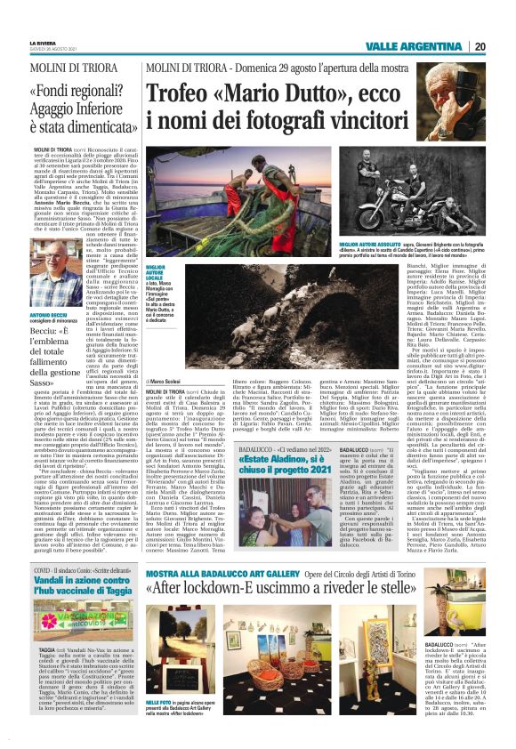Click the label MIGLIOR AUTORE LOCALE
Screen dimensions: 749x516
[x=157, y=271]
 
